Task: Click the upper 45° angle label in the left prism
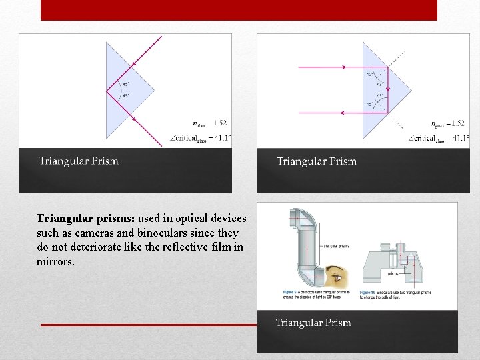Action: pyautogui.click(x=125, y=84)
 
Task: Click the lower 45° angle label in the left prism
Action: pyautogui.click(x=125, y=96)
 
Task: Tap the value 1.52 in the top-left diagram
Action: pyautogui.click(x=219, y=123)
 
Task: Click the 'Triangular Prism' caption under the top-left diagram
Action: pyautogui.click(x=79, y=161)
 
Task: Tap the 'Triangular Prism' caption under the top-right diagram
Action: pyautogui.click(x=317, y=161)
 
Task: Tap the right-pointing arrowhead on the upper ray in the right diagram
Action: pyautogui.click(x=343, y=67)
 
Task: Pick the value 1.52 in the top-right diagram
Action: pyautogui.click(x=457, y=123)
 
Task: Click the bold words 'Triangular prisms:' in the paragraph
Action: pyautogui.click(x=86, y=219)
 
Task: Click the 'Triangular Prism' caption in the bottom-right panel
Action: pyautogui.click(x=313, y=323)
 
